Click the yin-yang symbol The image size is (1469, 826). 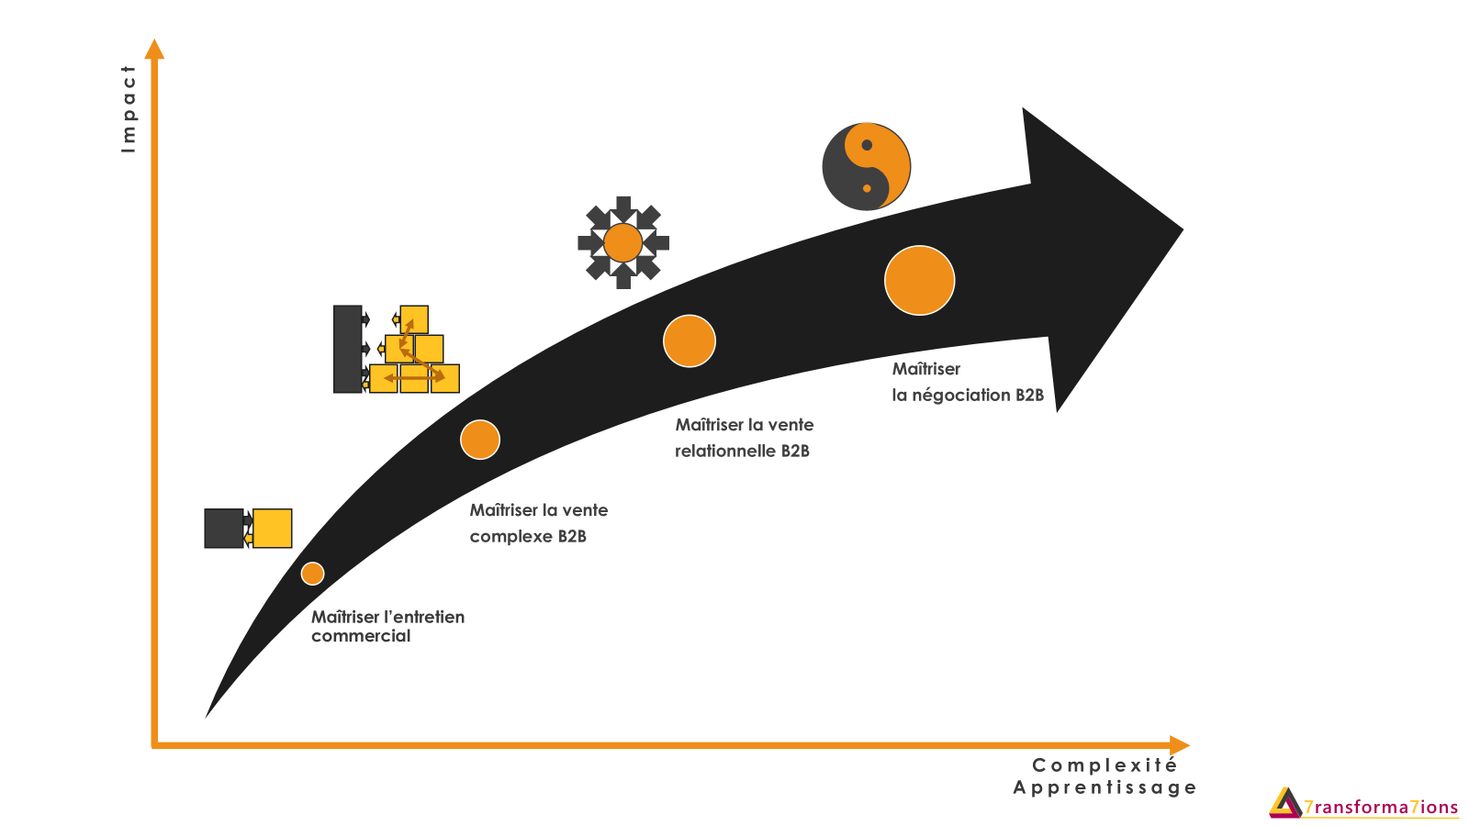click(866, 167)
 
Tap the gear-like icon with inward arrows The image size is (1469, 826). click(623, 243)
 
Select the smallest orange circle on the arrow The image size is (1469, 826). click(313, 574)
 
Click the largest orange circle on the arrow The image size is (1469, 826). click(919, 281)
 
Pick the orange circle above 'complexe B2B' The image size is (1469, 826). click(480, 440)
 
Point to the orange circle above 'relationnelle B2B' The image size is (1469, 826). click(690, 341)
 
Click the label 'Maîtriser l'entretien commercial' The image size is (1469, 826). click(387, 626)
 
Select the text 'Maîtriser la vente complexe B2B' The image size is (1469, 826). click(539, 523)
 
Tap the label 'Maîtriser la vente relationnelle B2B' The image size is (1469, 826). click(745, 438)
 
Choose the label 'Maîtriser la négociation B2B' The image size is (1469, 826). click(968, 382)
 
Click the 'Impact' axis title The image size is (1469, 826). click(129, 108)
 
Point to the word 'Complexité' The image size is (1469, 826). click(1105, 765)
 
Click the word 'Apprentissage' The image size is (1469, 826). click(1105, 787)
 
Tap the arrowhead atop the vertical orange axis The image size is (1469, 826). click(155, 49)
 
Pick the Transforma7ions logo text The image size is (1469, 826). click(1381, 808)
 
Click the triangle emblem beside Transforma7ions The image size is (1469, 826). click(1285, 802)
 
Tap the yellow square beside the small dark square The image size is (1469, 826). click(273, 529)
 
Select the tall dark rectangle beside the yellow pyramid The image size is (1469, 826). click(347, 349)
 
